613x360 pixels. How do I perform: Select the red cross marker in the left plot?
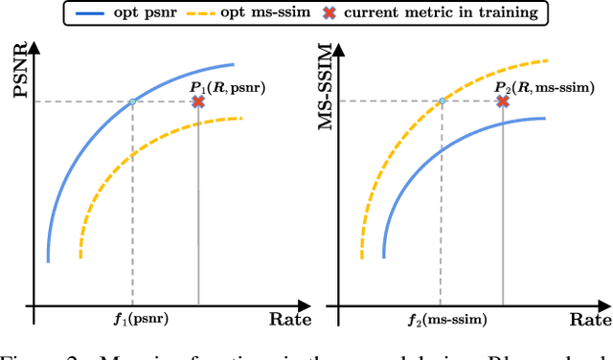(198, 101)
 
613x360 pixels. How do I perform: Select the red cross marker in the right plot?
(503, 101)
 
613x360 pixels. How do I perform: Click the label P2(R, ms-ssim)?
(543, 87)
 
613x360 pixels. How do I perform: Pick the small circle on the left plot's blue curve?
(132, 101)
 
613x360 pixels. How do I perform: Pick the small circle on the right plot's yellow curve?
(442, 101)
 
